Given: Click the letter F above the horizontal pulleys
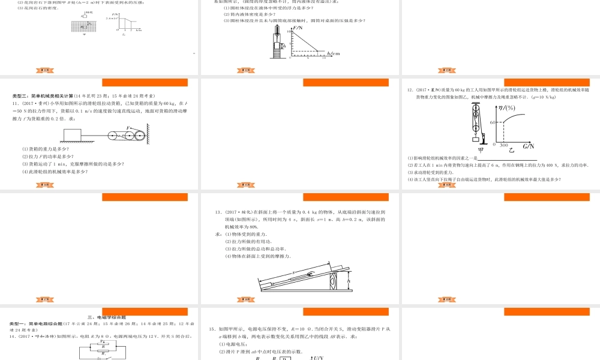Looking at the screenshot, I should pyautogui.click(x=128, y=127).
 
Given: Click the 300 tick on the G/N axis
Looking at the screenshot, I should pyautogui.click(x=505, y=145).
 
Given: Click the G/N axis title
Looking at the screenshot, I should pyautogui.click(x=529, y=146).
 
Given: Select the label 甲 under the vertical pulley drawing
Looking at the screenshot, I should pyautogui.click(x=479, y=150).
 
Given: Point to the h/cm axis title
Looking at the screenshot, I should pyautogui.click(x=334, y=53).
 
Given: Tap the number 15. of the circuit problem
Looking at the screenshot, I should pyautogui.click(x=212, y=329).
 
